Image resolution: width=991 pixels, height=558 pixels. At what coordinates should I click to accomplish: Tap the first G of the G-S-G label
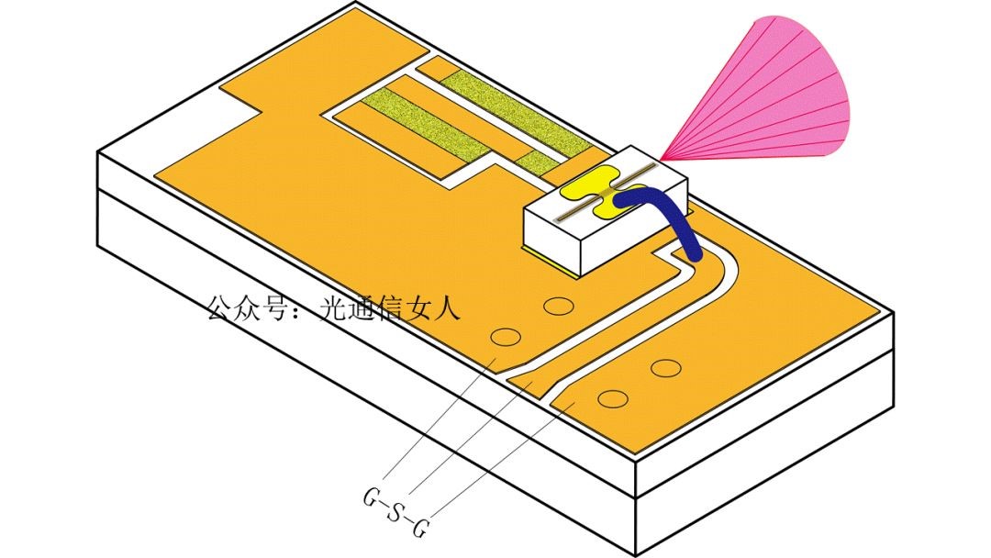(x=372, y=499)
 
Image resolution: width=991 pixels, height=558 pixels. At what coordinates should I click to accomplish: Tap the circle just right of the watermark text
(x=557, y=306)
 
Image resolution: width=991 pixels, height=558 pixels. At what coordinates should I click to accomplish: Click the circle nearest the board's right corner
(x=665, y=368)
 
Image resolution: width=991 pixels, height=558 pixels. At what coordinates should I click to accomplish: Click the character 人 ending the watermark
(x=444, y=308)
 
